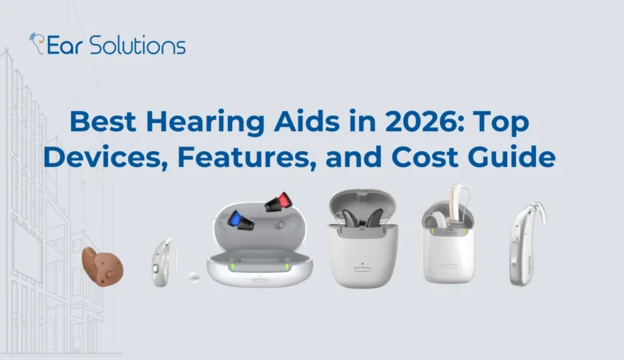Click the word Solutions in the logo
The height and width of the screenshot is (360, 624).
(x=137, y=45)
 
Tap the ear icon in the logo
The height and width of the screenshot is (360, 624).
(x=36, y=42)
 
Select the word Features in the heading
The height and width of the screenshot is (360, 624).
(x=232, y=156)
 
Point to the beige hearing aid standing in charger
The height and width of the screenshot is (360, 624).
(x=459, y=208)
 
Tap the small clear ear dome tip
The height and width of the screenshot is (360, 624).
(x=193, y=276)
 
